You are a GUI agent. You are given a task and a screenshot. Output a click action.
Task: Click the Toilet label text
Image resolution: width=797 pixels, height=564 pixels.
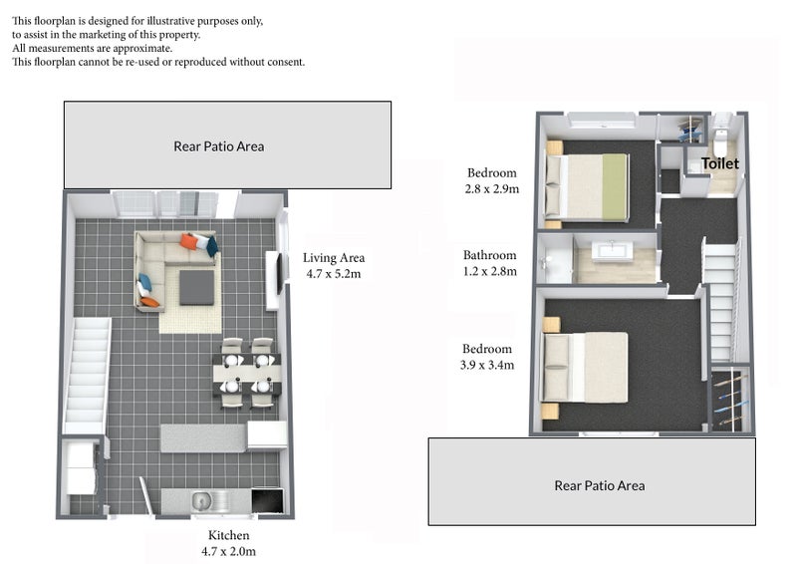click(719, 163)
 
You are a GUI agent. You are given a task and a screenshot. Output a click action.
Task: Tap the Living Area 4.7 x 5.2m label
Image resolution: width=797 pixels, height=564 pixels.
click(334, 265)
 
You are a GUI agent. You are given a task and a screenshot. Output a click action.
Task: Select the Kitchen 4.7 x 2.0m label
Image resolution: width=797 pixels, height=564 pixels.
click(229, 543)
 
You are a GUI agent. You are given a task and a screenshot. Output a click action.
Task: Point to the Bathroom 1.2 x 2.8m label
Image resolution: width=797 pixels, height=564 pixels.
click(489, 263)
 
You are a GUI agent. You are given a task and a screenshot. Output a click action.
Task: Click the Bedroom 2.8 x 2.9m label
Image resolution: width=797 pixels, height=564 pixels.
click(491, 180)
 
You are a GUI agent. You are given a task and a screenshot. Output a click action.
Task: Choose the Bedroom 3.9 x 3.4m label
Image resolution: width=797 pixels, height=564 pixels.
click(487, 357)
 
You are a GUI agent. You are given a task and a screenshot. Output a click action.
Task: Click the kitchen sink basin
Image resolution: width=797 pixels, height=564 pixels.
click(202, 501)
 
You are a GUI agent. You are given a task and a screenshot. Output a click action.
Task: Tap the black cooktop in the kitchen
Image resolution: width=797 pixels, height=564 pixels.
click(267, 501)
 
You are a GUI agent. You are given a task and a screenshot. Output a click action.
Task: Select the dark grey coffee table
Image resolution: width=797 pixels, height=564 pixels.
click(196, 287)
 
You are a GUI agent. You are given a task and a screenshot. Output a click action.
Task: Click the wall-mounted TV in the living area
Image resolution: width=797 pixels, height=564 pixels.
click(279, 274)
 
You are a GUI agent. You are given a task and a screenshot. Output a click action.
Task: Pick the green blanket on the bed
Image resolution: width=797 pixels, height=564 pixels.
click(614, 187)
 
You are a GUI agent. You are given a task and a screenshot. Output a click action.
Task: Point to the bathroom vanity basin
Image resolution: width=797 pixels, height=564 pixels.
click(612, 251)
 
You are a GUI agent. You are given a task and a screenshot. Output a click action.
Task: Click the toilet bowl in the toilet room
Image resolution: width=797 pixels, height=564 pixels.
click(720, 143)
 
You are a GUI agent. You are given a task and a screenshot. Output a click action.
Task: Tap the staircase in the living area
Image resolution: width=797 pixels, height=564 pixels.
click(87, 376)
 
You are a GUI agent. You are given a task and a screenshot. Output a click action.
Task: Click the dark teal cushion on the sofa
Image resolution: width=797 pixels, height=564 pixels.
click(212, 246)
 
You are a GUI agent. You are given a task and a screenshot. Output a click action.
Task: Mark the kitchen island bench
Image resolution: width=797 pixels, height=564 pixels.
click(203, 438)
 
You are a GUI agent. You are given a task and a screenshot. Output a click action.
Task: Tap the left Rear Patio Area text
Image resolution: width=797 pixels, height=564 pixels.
click(218, 146)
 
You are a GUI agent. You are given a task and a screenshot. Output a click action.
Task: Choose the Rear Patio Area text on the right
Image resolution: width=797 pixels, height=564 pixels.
click(600, 485)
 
